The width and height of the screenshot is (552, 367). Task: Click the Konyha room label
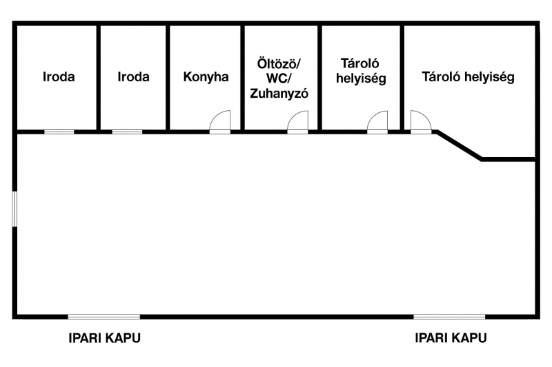coord(206,76)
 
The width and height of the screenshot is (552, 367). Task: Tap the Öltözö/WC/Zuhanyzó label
coord(279,78)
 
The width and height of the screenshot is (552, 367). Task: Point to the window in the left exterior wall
coord(14,209)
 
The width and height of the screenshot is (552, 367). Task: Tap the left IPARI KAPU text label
coord(105,338)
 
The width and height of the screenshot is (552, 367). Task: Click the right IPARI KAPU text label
coord(451,338)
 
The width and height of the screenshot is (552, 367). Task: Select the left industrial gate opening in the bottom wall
coord(104,317)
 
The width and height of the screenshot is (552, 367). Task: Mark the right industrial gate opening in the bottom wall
coord(449,317)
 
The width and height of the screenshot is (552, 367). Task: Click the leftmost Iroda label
coord(59,76)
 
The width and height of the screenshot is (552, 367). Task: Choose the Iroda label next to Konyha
coord(133,76)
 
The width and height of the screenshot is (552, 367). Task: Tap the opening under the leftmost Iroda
coord(59,132)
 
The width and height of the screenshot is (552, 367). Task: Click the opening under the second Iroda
coord(127,132)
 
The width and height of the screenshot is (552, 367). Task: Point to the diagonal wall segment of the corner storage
coord(459,146)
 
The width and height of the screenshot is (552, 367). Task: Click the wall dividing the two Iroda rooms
coord(99,77)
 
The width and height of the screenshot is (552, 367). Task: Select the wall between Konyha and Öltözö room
coord(243,77)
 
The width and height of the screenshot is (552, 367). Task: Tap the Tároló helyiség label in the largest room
coord(469,77)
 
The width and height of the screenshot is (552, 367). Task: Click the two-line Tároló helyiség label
coord(361,71)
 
